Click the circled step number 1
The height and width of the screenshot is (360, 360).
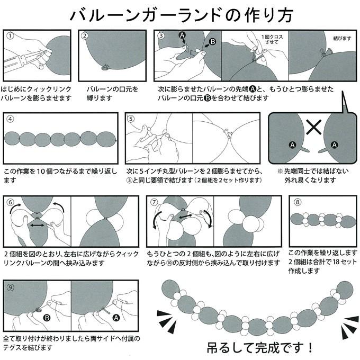10,37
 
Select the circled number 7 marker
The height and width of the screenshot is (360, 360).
154,202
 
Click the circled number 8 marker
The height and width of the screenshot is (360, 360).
297,202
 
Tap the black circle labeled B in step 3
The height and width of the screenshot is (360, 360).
213,41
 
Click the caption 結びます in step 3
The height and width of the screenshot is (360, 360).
341,39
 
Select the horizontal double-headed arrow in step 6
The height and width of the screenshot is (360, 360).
37,224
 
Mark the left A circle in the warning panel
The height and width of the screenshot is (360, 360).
291,144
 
